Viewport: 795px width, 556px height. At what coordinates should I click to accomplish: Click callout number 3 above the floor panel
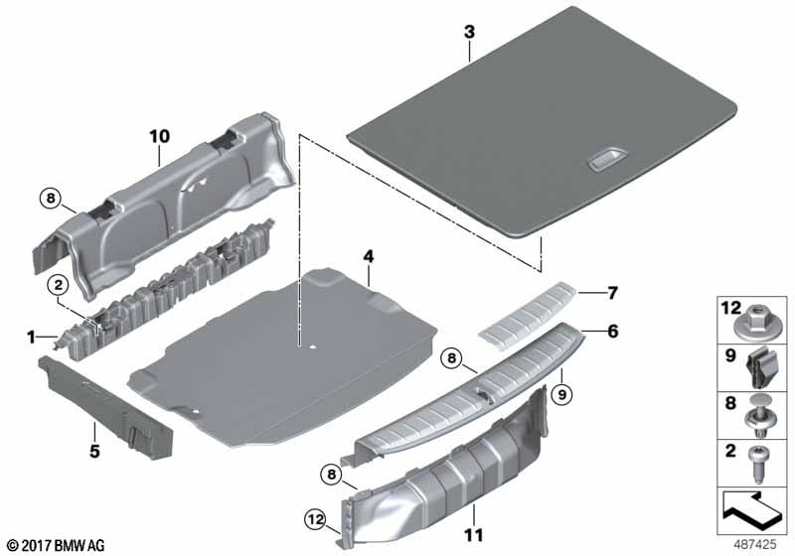(469, 32)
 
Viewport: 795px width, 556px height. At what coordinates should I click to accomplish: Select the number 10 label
(160, 136)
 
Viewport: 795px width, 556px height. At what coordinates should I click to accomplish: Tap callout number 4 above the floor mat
(368, 256)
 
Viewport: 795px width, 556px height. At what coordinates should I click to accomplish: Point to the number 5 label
(94, 451)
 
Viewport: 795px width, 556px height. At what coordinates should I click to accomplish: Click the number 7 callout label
(612, 293)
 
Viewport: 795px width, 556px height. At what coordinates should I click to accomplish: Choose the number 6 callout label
(613, 332)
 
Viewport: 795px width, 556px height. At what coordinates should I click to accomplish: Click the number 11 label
(474, 535)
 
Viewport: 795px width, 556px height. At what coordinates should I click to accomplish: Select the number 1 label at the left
(32, 337)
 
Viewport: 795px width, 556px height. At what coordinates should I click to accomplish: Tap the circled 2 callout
(59, 285)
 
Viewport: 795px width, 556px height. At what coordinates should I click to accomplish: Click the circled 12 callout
(315, 519)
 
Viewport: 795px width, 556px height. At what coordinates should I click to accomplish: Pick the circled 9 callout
(561, 394)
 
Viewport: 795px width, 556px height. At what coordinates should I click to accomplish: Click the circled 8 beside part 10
(51, 198)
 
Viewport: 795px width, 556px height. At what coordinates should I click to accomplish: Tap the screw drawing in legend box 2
(758, 464)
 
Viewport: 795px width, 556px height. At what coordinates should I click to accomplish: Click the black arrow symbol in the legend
(751, 510)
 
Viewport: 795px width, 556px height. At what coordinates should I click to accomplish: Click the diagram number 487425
(755, 544)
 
